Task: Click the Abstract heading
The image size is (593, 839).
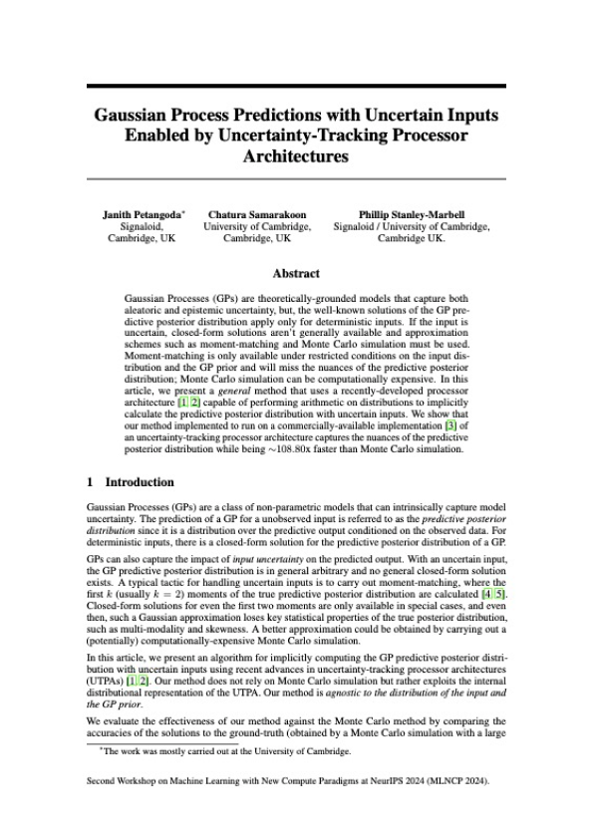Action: coord(296,273)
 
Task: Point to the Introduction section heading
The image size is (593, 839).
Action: coord(140,482)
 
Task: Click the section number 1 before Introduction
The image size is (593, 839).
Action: coord(91,482)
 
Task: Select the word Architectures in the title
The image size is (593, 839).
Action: coord(296,157)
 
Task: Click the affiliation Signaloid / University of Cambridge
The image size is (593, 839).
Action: coord(412,227)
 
